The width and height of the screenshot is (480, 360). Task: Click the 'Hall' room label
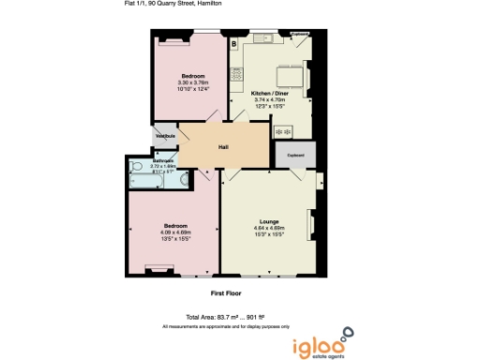tap(223, 147)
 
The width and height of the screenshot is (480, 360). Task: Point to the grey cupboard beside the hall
tap(293, 155)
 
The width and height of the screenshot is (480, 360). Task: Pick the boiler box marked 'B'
tap(234, 43)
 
